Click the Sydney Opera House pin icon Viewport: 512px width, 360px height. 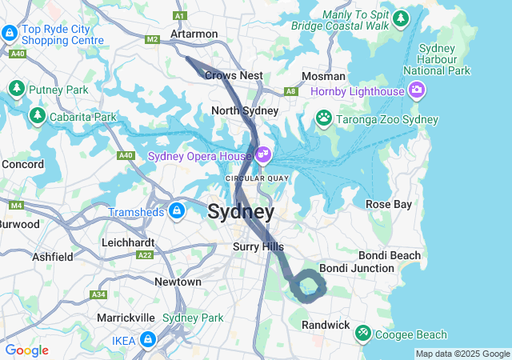[262, 154]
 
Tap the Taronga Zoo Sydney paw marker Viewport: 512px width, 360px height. [323, 119]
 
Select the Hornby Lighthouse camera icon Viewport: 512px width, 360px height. [416, 90]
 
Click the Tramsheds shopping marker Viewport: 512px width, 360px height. [177, 211]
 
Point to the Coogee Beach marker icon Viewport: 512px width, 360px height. [362, 330]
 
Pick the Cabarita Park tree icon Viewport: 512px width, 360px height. [37, 117]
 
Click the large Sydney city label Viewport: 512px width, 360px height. [241, 212]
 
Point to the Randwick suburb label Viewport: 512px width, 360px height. [326, 325]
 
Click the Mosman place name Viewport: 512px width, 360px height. [323, 76]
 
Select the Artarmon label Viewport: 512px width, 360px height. [194, 34]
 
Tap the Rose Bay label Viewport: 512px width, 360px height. [389, 204]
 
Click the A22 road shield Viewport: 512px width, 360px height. [145, 255]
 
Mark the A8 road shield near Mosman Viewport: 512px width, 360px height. [292, 91]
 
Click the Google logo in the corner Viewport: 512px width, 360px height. [26, 350]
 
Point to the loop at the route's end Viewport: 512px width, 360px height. [307, 286]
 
